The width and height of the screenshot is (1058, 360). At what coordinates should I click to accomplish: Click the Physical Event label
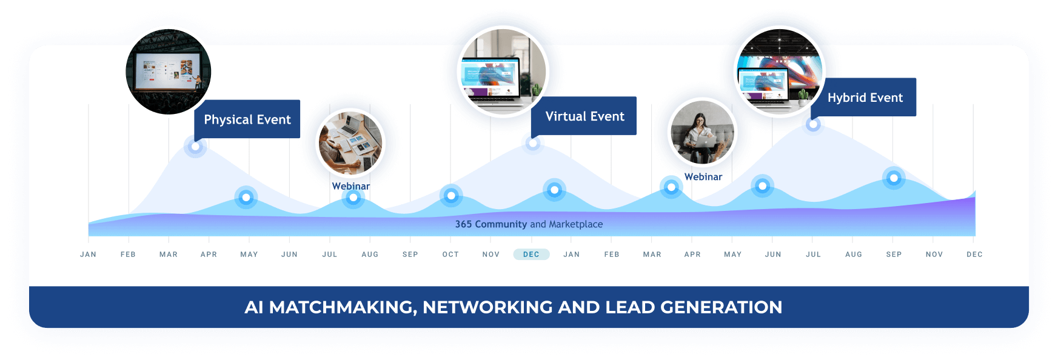(x=247, y=119)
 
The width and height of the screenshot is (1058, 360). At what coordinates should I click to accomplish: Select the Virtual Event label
(x=584, y=116)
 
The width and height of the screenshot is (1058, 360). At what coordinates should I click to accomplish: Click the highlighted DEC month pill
(x=531, y=255)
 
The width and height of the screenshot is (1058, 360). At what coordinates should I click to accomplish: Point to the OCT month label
(x=450, y=255)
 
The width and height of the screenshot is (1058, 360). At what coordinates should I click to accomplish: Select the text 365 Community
(x=491, y=224)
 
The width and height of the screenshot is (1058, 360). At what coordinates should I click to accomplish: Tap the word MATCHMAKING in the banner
(x=343, y=307)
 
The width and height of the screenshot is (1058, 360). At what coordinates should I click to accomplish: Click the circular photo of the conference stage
(x=169, y=72)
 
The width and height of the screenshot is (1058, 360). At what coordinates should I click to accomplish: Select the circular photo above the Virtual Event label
(x=503, y=72)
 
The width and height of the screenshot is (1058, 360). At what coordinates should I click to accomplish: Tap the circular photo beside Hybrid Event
(x=780, y=72)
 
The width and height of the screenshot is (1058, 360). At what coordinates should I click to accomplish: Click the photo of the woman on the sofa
(x=702, y=132)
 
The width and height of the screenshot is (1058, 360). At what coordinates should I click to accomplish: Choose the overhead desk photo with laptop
(x=350, y=143)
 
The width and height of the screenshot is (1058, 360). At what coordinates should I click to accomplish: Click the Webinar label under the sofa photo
(x=703, y=177)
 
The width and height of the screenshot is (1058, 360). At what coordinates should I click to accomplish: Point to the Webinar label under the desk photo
(x=351, y=186)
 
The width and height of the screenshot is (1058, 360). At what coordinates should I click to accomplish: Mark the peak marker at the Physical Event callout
(x=195, y=147)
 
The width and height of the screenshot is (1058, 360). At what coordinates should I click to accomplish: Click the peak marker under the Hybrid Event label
(x=813, y=124)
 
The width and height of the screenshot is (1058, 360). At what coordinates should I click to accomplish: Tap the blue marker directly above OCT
(x=451, y=196)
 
